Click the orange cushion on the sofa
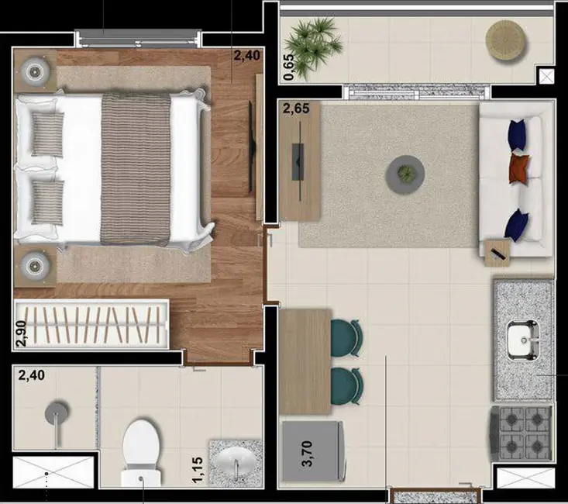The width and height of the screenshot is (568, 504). click(x=519, y=168)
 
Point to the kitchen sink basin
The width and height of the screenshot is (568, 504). click(x=522, y=339)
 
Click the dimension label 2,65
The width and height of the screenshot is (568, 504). click(x=296, y=109)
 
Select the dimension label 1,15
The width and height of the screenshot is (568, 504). click(x=198, y=469)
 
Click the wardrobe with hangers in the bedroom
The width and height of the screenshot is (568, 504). click(x=91, y=323)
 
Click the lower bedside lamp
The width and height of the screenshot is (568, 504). click(x=34, y=266)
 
